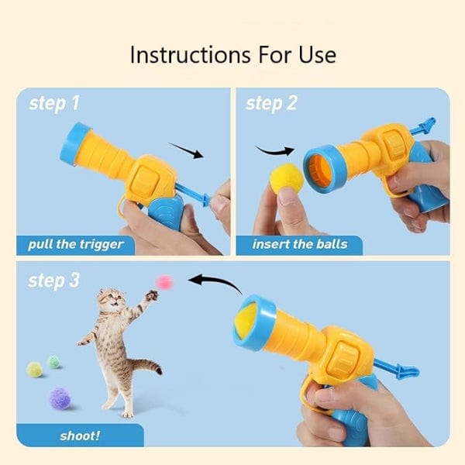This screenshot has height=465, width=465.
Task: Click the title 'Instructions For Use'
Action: pyautogui.click(x=233, y=55)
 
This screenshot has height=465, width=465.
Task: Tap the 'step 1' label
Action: pyautogui.click(x=54, y=104)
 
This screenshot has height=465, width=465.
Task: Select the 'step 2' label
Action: pyautogui.click(x=271, y=104)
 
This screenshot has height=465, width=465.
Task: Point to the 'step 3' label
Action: pyautogui.click(x=53, y=281)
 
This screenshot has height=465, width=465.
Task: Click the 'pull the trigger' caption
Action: pyautogui.click(x=76, y=245)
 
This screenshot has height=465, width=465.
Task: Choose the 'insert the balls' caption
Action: pyautogui.click(x=300, y=244)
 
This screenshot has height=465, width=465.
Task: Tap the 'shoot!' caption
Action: pyautogui.click(x=80, y=436)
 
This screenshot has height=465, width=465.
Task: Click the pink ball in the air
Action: pyautogui.click(x=164, y=282)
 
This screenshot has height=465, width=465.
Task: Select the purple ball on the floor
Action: pyautogui.click(x=60, y=398)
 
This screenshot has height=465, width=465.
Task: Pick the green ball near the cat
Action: pyautogui.click(x=54, y=362)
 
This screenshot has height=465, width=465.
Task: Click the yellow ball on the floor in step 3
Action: pyautogui.click(x=35, y=370)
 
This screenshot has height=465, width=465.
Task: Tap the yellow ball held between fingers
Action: pyautogui.click(x=287, y=177)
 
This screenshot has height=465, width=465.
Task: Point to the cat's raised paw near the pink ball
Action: pyautogui.click(x=152, y=296)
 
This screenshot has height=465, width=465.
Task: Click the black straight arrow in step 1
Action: pyautogui.click(x=186, y=150)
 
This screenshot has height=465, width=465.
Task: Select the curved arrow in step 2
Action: pyautogui.click(x=274, y=152)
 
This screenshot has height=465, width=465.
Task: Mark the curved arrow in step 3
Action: pyautogui.click(x=216, y=282)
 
